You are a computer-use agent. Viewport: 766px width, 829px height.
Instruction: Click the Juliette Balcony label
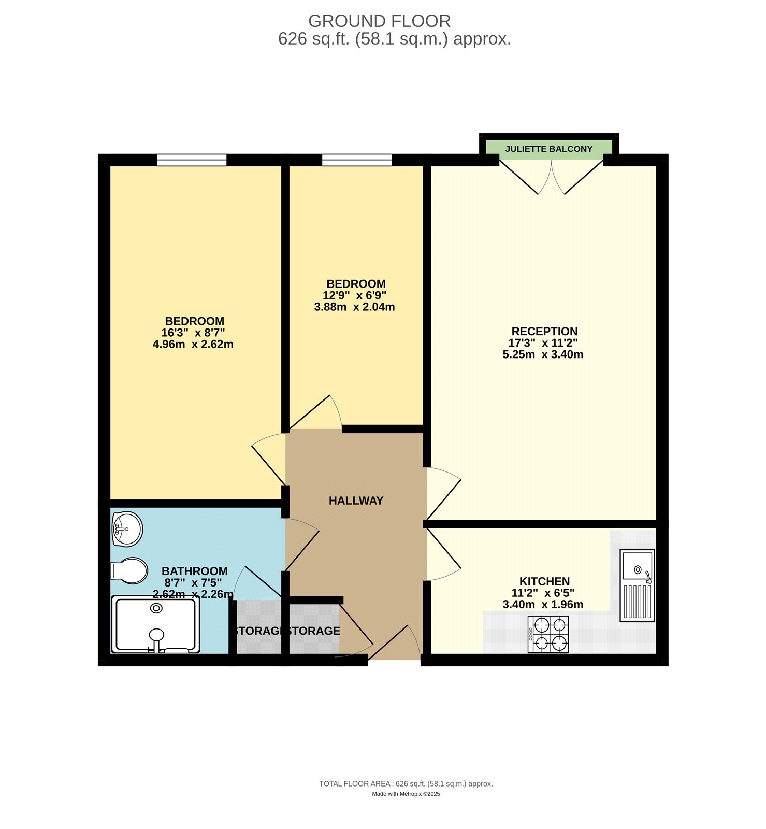tap(548, 149)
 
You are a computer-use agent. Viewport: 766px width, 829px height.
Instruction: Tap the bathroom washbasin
tap(127, 529)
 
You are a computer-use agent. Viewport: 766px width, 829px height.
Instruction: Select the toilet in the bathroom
tap(130, 571)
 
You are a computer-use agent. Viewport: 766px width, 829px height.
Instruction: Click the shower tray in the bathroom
tap(155, 624)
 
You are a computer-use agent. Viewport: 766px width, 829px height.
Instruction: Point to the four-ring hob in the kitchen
tap(548, 634)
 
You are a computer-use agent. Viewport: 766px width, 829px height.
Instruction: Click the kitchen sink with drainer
tap(637, 585)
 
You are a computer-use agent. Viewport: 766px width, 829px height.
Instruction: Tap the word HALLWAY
tap(356, 501)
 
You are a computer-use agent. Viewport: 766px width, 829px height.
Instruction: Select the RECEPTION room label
tap(544, 332)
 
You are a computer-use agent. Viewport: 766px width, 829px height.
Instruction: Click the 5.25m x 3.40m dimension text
tap(543, 355)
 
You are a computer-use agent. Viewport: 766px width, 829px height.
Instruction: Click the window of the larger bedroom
tap(192, 160)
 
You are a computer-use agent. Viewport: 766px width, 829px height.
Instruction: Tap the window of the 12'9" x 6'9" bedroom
tap(357, 160)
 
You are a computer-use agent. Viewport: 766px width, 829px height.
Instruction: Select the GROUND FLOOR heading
tap(379, 21)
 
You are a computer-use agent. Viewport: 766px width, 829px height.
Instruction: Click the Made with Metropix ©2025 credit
tap(406, 794)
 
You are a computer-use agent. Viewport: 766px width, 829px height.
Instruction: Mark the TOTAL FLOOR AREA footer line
tap(406, 784)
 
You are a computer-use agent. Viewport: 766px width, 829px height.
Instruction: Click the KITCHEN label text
tap(544, 582)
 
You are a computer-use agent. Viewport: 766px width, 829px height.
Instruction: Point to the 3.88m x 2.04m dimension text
tap(354, 307)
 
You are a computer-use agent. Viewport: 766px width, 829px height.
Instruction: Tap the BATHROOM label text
tap(194, 571)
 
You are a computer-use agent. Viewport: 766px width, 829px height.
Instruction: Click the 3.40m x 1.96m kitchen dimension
tap(543, 605)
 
